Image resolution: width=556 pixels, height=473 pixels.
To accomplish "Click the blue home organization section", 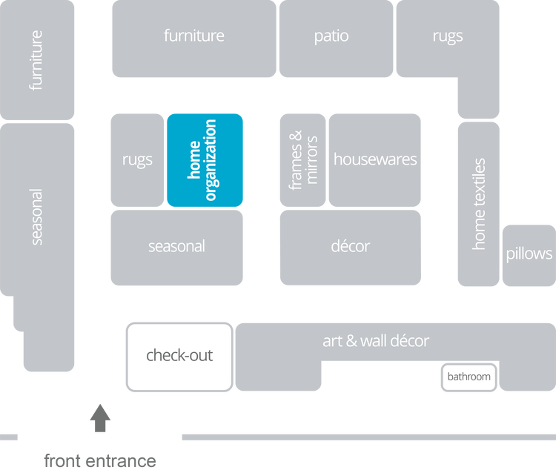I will [x=205, y=159].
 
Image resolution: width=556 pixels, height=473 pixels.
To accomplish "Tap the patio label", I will [x=331, y=36].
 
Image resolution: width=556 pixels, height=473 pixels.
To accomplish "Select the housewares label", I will [x=375, y=159].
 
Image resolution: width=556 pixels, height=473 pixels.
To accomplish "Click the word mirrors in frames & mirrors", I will [x=312, y=159].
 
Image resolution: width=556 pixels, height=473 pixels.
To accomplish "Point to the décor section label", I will [x=351, y=246].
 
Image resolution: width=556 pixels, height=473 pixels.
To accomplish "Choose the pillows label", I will [x=529, y=254].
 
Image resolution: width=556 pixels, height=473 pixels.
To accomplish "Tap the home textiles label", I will [x=479, y=204].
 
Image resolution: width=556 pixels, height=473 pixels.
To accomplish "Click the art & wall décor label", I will [x=376, y=341].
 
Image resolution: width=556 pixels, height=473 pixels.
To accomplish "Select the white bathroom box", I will [x=469, y=377].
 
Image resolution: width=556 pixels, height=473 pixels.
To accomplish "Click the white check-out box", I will [x=179, y=356].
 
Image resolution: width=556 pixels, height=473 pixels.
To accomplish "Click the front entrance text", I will [x=99, y=460].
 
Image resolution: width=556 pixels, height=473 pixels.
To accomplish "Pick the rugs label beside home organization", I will [x=137, y=159].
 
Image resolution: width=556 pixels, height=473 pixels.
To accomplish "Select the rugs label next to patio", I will [x=447, y=36].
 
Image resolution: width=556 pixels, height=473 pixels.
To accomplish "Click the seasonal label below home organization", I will [x=176, y=246].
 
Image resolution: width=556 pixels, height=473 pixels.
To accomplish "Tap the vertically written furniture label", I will [x=36, y=60].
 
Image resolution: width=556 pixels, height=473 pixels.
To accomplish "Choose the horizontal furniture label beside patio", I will [x=194, y=36].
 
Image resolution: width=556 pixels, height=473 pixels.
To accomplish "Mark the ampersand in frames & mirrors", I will [x=296, y=136].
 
